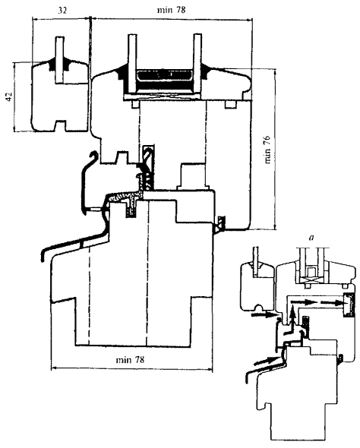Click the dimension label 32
coord(62,11)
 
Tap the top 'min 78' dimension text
coord(171,10)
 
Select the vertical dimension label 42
coord(9,96)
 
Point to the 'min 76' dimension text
coord(267,149)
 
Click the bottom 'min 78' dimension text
coord(130,359)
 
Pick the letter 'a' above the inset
coord(311,238)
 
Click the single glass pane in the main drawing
coord(60,60)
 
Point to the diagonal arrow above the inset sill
coord(265,360)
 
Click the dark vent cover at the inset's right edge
coord(349,304)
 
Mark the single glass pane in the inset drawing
coord(256,261)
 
